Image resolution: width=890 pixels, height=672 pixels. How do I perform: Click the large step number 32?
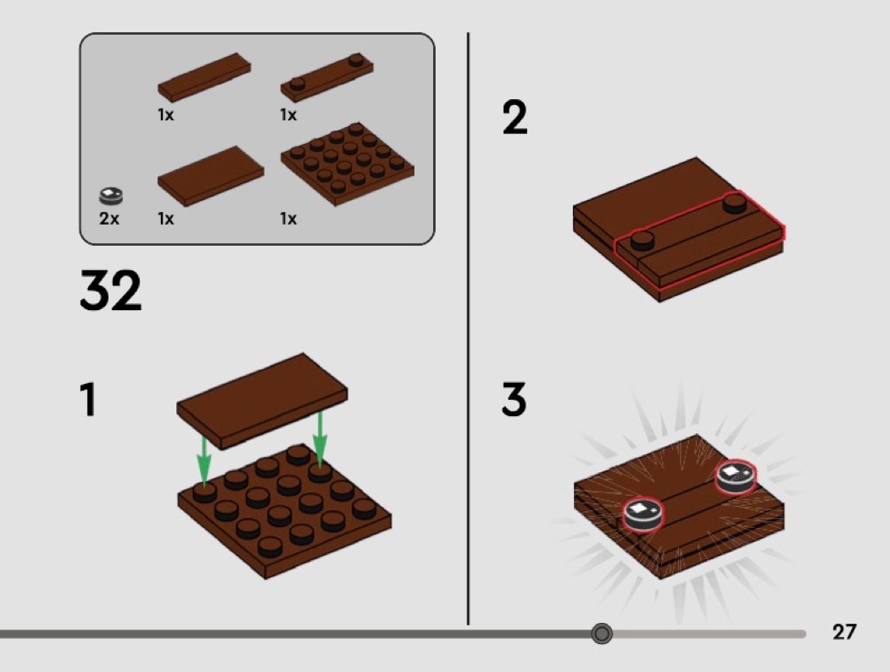click(111, 290)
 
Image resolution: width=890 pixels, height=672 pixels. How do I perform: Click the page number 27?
click(844, 631)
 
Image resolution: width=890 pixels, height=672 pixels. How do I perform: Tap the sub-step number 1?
click(88, 400)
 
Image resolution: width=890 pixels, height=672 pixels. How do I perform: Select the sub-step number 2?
click(515, 118)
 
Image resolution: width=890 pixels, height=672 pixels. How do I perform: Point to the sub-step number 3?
click(515, 399)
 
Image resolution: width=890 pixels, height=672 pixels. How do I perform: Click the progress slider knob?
click(602, 633)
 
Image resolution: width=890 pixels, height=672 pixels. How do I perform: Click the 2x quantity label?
click(109, 219)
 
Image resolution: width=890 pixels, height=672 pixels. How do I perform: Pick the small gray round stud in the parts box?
click(111, 196)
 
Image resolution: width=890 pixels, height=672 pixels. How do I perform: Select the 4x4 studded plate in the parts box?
click(348, 164)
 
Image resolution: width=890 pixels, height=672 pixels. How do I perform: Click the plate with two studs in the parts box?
click(327, 78)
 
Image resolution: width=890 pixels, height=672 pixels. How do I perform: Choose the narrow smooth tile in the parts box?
click(204, 77)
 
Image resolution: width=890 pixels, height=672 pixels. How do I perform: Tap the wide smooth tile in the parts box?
click(210, 176)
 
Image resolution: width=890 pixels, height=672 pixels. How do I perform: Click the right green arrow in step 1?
click(320, 440)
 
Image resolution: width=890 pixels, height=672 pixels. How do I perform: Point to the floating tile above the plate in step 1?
click(262, 402)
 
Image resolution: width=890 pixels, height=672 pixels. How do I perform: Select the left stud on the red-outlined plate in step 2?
click(642, 240)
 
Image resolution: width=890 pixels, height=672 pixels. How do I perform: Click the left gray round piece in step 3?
click(643, 514)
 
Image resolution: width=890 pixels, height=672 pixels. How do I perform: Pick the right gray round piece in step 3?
click(736, 476)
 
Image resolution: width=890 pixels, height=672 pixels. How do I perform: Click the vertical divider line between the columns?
click(468, 329)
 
